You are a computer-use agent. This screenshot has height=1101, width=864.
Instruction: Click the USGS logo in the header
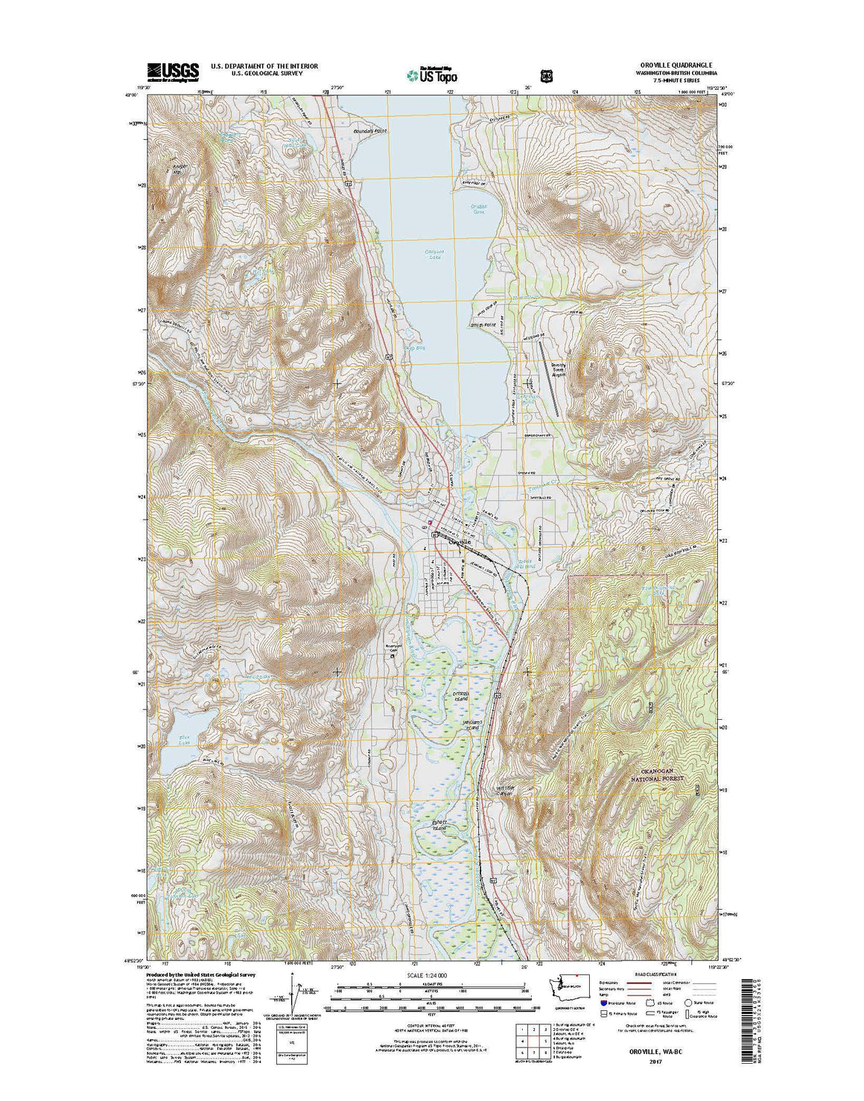173,71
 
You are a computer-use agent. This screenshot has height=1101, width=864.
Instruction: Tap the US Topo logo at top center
432,74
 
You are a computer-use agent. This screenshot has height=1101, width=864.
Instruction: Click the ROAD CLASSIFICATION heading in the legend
655,974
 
